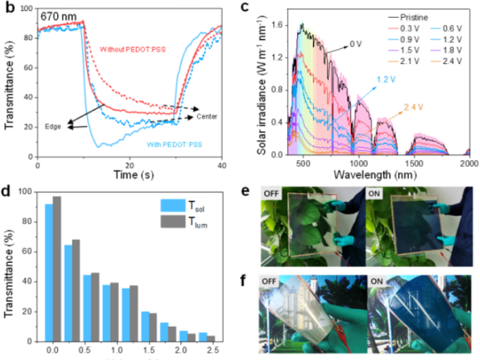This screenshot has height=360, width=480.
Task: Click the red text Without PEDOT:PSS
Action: [132, 51]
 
